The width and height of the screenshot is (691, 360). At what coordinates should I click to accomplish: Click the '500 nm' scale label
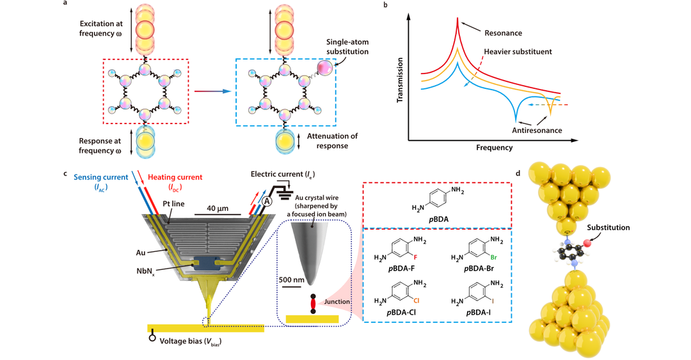coord(293,279)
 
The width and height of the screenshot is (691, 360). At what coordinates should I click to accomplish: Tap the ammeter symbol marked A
coord(262,201)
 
